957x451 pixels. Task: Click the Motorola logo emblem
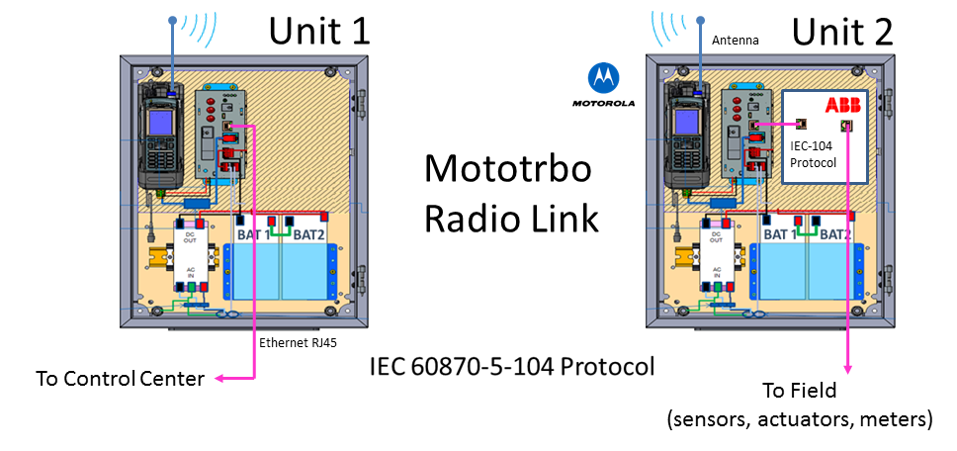(602, 76)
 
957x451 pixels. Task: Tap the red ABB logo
(841, 105)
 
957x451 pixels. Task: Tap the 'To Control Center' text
(120, 378)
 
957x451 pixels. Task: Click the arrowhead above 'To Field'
(845, 368)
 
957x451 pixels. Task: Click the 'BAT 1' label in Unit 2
(781, 234)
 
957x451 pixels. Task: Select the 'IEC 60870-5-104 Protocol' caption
(511, 366)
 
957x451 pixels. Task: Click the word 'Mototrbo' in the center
(507, 169)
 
